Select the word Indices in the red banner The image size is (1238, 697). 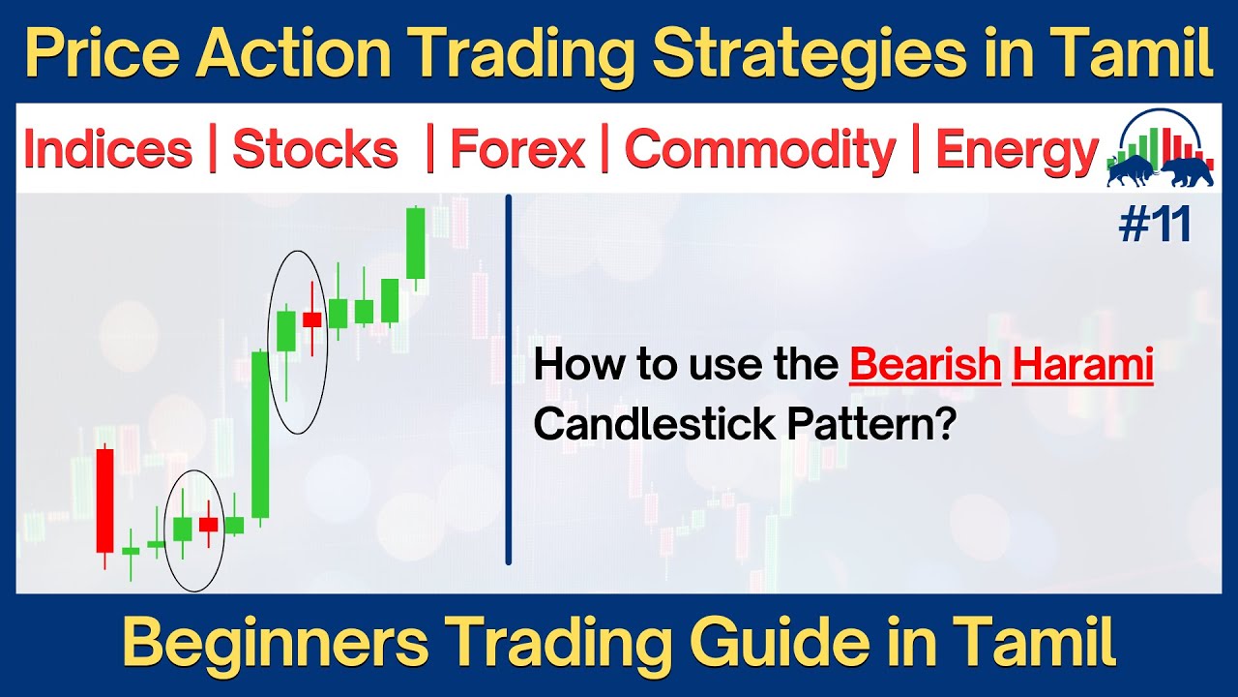(x=107, y=151)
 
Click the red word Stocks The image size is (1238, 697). (x=314, y=151)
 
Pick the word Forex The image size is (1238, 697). (x=517, y=151)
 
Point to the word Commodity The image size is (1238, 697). (x=760, y=151)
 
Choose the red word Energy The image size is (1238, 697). (x=1016, y=151)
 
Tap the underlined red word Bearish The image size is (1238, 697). (x=925, y=366)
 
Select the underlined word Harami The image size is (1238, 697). (x=1082, y=366)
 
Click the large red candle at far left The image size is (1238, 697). (x=104, y=500)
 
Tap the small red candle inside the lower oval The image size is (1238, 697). (x=208, y=524)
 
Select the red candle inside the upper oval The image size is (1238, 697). (x=311, y=318)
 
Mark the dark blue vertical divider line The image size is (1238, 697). (x=508, y=378)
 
